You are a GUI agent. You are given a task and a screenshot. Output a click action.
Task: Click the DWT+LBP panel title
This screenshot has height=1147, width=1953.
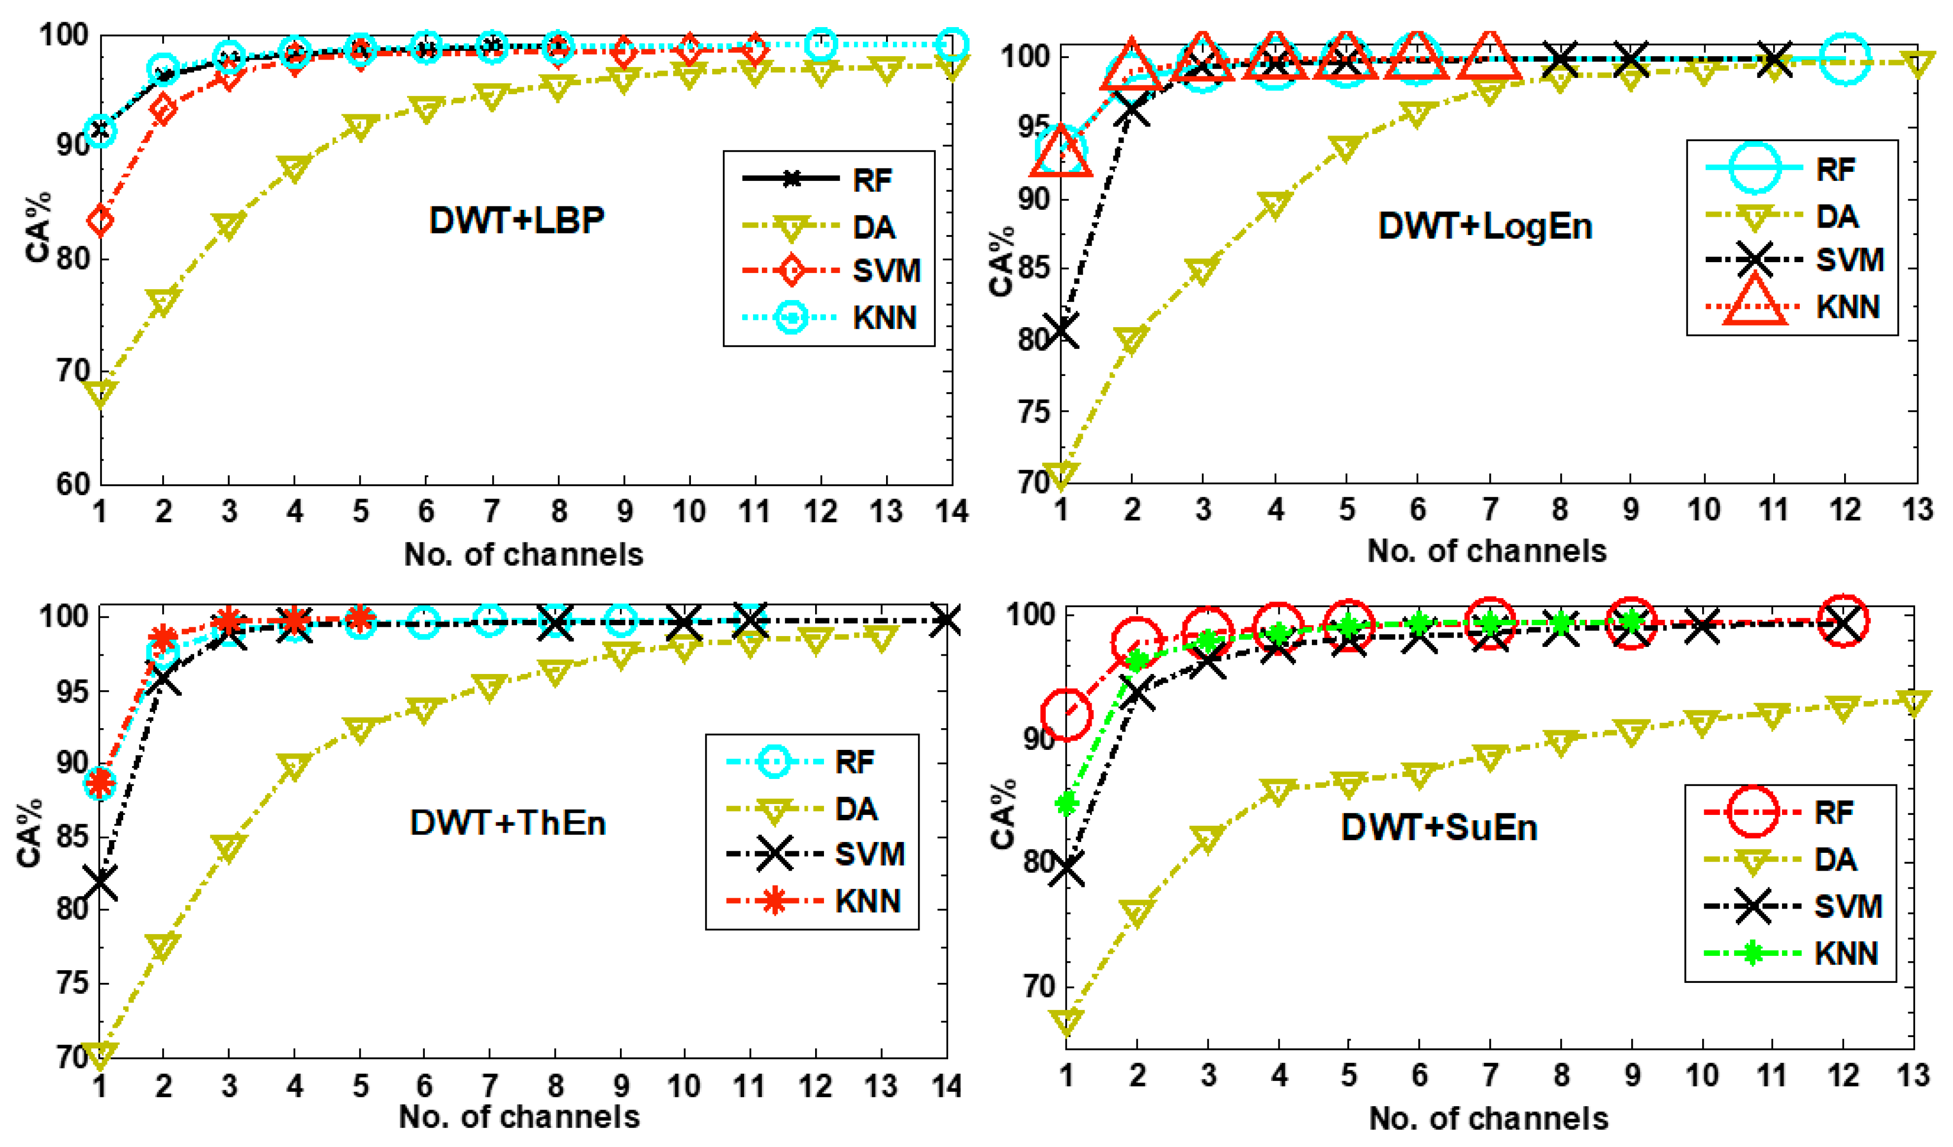[517, 220]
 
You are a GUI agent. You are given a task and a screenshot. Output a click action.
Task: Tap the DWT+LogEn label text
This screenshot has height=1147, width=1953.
[1485, 226]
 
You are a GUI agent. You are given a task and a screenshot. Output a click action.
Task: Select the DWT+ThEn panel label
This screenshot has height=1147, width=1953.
[508, 822]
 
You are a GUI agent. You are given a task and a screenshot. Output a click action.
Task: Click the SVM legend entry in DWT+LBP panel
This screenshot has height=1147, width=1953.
[829, 270]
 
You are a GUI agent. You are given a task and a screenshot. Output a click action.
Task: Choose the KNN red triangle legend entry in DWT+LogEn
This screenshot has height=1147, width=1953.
[1792, 307]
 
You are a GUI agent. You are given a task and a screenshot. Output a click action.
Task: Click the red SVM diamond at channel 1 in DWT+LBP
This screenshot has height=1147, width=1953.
[100, 220]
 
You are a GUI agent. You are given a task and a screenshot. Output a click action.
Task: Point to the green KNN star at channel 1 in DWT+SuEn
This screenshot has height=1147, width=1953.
[1066, 803]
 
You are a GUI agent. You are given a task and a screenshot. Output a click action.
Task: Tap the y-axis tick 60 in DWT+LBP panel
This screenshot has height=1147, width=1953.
[73, 484]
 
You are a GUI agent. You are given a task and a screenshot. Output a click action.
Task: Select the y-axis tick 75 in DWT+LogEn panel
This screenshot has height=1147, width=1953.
[1033, 411]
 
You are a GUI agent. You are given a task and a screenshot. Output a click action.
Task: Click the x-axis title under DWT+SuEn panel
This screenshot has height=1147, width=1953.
[1488, 1117]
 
